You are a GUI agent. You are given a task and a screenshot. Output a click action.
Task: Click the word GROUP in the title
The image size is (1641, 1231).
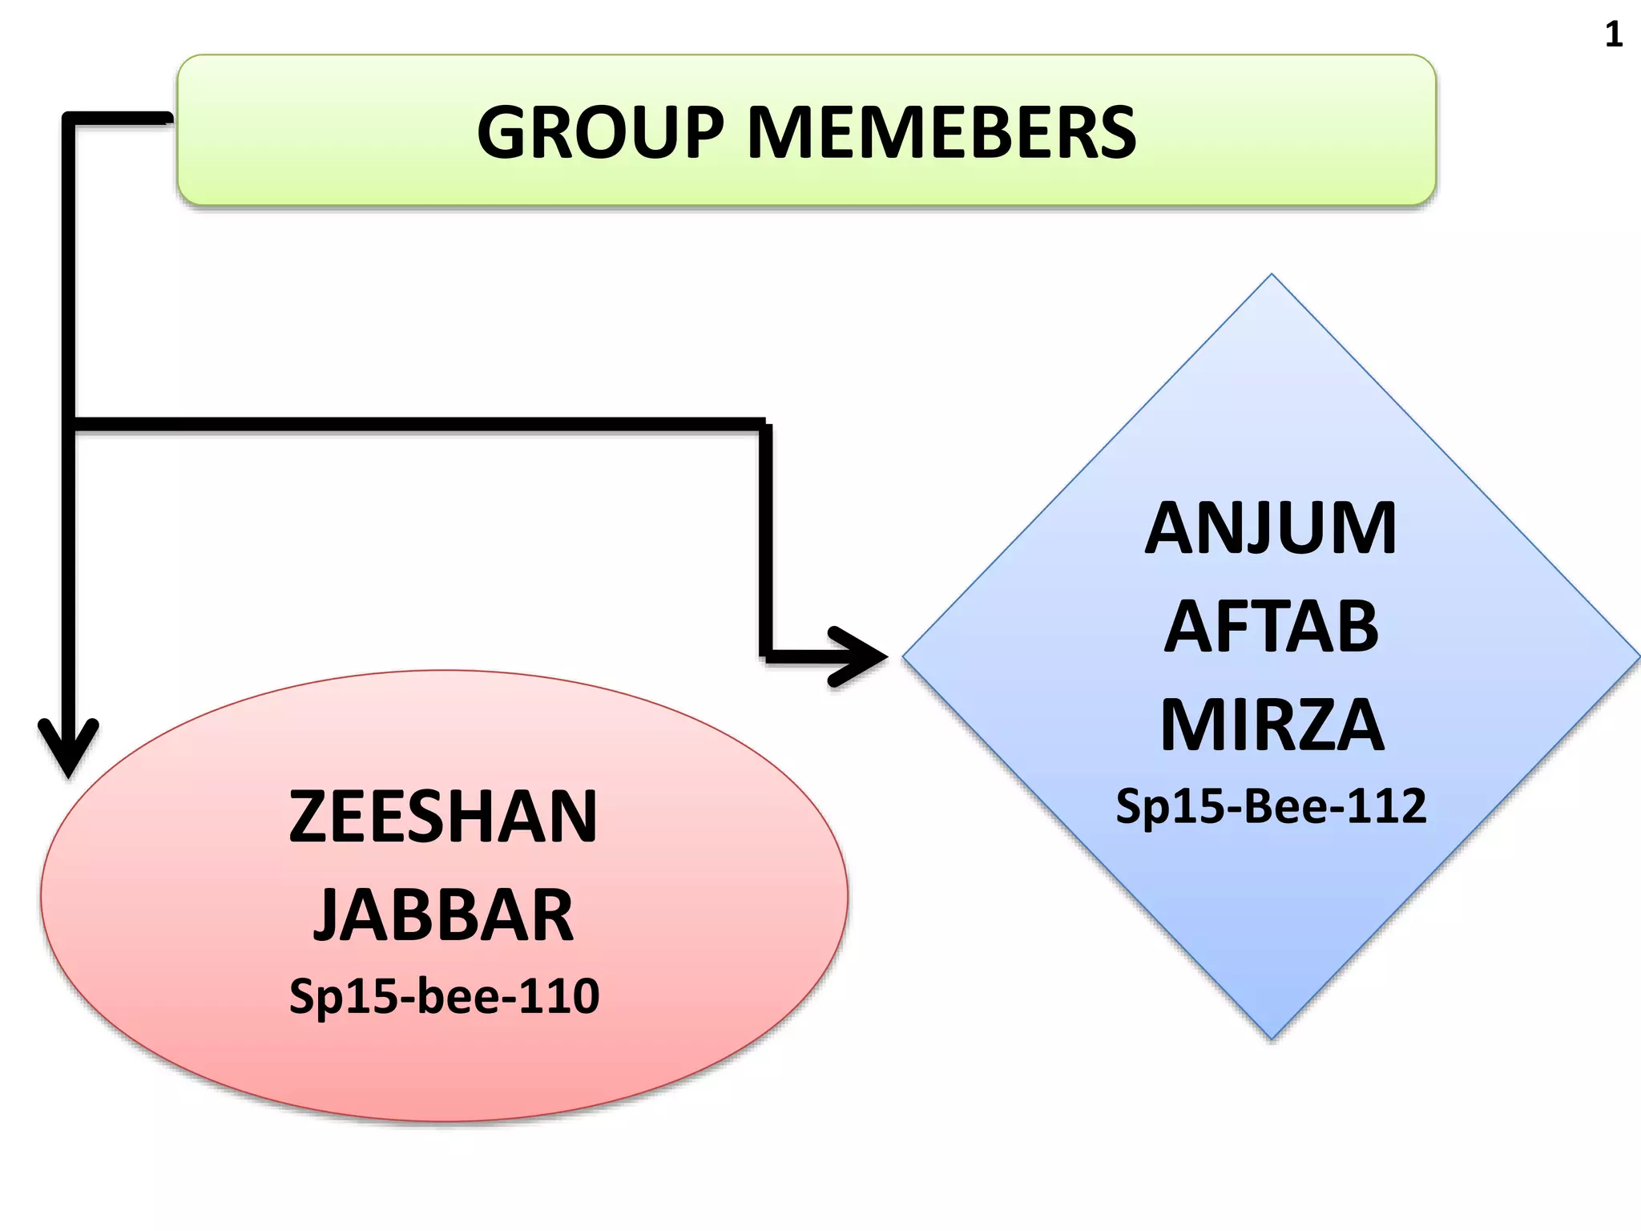click(600, 132)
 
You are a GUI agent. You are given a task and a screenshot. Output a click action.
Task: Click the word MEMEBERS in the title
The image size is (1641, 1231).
click(941, 132)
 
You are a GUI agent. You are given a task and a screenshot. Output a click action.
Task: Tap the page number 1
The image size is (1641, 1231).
click(1614, 34)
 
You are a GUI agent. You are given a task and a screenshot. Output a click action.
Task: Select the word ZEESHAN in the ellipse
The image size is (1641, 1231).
click(443, 817)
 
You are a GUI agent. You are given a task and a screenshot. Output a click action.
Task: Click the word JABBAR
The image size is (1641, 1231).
click(443, 915)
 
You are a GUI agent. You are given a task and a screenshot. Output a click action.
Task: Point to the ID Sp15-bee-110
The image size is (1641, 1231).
click(444, 996)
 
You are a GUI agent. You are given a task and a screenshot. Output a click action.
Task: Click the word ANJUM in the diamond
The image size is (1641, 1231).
click(1271, 528)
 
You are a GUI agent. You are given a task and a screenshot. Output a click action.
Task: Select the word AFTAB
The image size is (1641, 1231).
click(1271, 627)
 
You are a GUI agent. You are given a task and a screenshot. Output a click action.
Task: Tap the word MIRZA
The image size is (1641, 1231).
click(1272, 725)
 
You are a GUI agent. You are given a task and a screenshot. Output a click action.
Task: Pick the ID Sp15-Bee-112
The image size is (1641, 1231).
click(1271, 806)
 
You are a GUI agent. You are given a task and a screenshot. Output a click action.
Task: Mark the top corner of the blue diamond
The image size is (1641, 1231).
click(1272, 277)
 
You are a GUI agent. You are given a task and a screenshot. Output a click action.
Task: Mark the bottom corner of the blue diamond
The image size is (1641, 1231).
click(1272, 1037)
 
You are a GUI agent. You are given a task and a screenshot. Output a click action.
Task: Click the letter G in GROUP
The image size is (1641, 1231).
click(506, 132)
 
